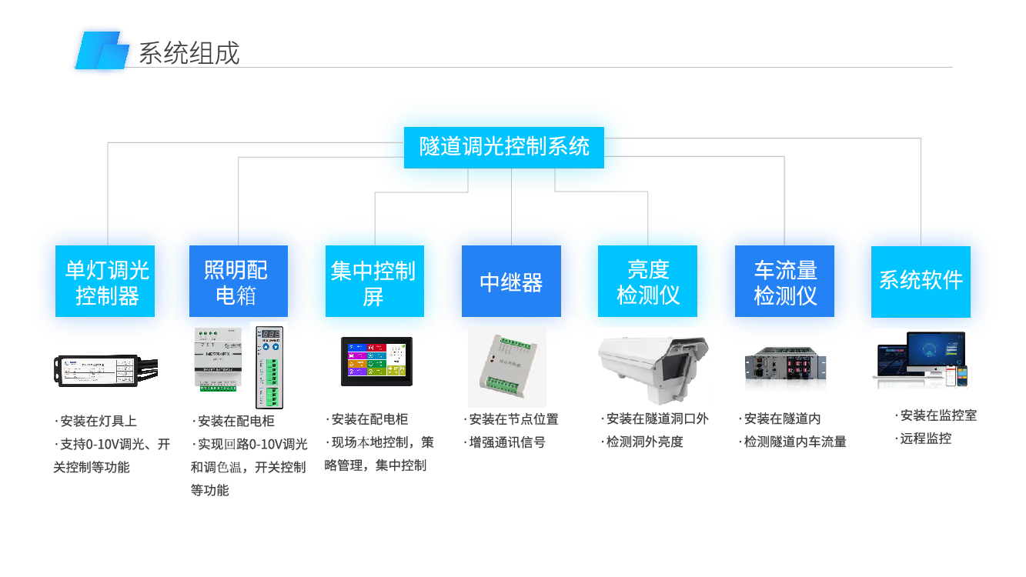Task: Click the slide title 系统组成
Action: click(x=189, y=52)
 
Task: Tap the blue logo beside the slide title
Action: click(x=102, y=51)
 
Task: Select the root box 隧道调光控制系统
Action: click(x=504, y=147)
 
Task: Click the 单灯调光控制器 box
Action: click(x=105, y=282)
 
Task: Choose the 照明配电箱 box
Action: click(x=239, y=282)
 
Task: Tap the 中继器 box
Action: click(x=511, y=282)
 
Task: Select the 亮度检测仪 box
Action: click(x=647, y=282)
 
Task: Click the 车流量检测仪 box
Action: click(x=784, y=282)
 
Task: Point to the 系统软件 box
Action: click(x=921, y=282)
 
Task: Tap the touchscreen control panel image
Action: click(x=377, y=361)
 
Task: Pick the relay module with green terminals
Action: click(x=507, y=368)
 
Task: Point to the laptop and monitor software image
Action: click(x=921, y=360)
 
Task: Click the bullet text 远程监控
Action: click(x=926, y=439)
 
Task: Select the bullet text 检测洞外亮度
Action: click(x=644, y=442)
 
